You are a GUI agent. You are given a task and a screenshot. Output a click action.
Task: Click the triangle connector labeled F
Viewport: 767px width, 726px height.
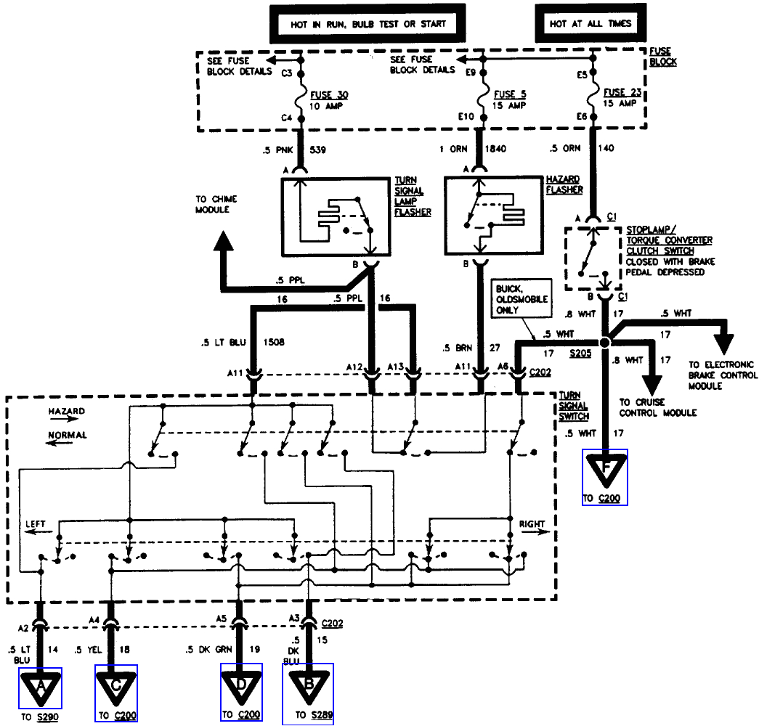pos(604,470)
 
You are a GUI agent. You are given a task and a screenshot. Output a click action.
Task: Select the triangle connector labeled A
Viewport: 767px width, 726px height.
pos(41,686)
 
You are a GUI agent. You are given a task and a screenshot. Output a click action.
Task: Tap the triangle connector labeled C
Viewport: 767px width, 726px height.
pos(116,686)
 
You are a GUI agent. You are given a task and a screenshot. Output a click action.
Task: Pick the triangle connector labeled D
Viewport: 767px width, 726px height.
pos(242,686)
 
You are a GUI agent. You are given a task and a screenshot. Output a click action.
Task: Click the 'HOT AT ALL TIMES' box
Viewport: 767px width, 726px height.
pos(591,23)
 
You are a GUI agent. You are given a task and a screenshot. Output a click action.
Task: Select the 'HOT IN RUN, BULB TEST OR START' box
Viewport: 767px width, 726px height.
pos(368,23)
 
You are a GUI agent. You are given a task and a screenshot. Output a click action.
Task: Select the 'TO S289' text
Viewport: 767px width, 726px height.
pos(314,716)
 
